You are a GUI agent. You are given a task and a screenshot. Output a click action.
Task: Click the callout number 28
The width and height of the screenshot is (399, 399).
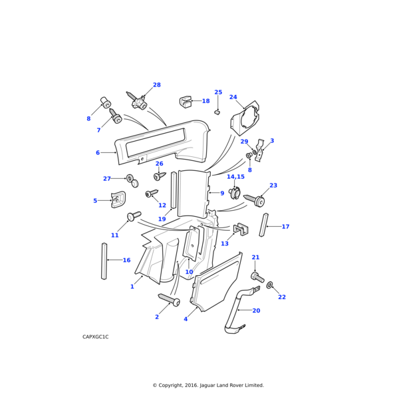click(157, 84)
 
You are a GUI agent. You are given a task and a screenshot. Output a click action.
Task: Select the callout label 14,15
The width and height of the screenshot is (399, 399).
click(235, 177)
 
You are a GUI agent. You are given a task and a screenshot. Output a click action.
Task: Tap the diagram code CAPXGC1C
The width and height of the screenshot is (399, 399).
click(95, 336)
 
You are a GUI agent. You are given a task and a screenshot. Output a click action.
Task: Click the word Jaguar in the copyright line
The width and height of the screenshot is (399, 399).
click(207, 385)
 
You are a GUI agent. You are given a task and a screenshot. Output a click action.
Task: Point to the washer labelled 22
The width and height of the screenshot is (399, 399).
click(269, 285)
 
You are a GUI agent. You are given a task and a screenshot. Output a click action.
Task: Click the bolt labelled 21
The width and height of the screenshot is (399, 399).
click(257, 277)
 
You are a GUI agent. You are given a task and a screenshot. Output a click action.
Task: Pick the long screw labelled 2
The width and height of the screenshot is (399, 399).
click(169, 299)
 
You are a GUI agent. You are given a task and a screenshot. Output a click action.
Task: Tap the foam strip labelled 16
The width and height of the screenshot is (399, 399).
click(104, 261)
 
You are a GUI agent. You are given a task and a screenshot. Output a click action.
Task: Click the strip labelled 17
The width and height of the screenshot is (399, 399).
click(263, 225)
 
